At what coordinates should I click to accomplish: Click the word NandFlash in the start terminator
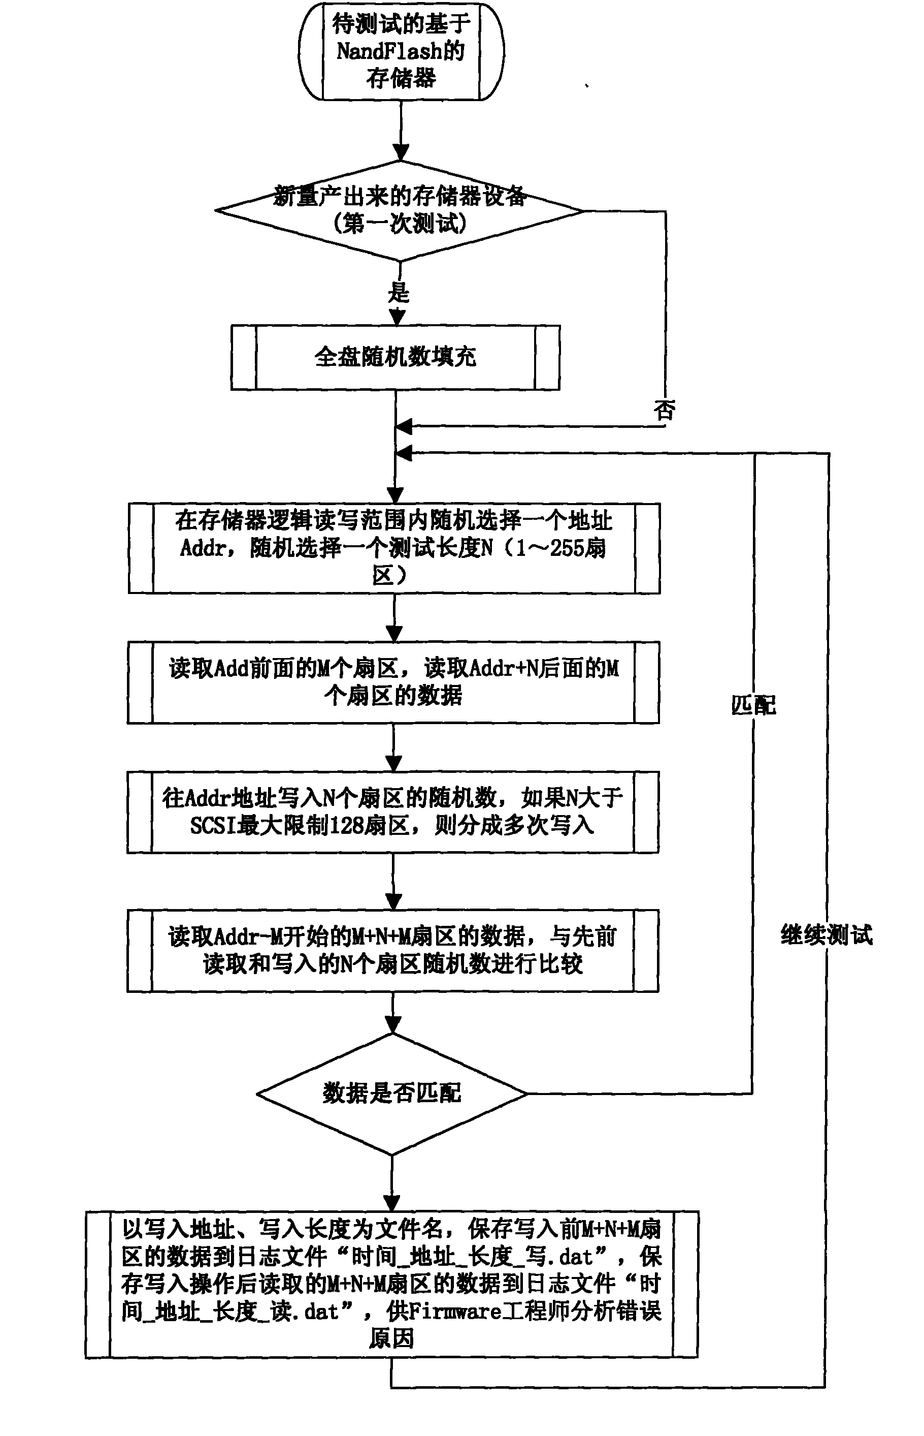point(388,52)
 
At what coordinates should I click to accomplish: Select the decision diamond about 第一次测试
point(400,211)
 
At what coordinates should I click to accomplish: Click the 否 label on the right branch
point(665,411)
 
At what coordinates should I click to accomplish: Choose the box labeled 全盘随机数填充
point(395,358)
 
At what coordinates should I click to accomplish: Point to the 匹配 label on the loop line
point(753,705)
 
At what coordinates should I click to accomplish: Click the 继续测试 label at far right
point(826,934)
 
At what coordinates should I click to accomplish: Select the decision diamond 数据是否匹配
point(392,1093)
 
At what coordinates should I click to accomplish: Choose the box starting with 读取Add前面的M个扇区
point(393,682)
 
